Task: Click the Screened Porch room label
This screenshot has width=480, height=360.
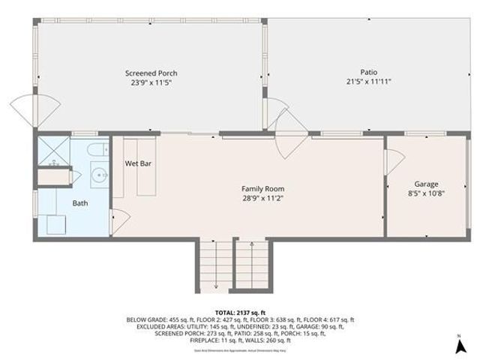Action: coord(151,73)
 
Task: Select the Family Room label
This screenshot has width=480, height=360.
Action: coord(262,188)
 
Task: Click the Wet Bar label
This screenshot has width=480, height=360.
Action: coord(135,163)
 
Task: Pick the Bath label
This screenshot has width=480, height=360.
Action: coord(79,203)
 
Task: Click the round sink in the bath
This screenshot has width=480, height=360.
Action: coord(97,176)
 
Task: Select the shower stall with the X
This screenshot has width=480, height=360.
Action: coord(53,151)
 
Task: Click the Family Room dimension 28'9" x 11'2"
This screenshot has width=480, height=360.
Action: coord(262,198)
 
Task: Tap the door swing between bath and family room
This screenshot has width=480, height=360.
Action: coord(120,220)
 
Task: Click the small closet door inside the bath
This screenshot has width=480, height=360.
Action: coord(75,177)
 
